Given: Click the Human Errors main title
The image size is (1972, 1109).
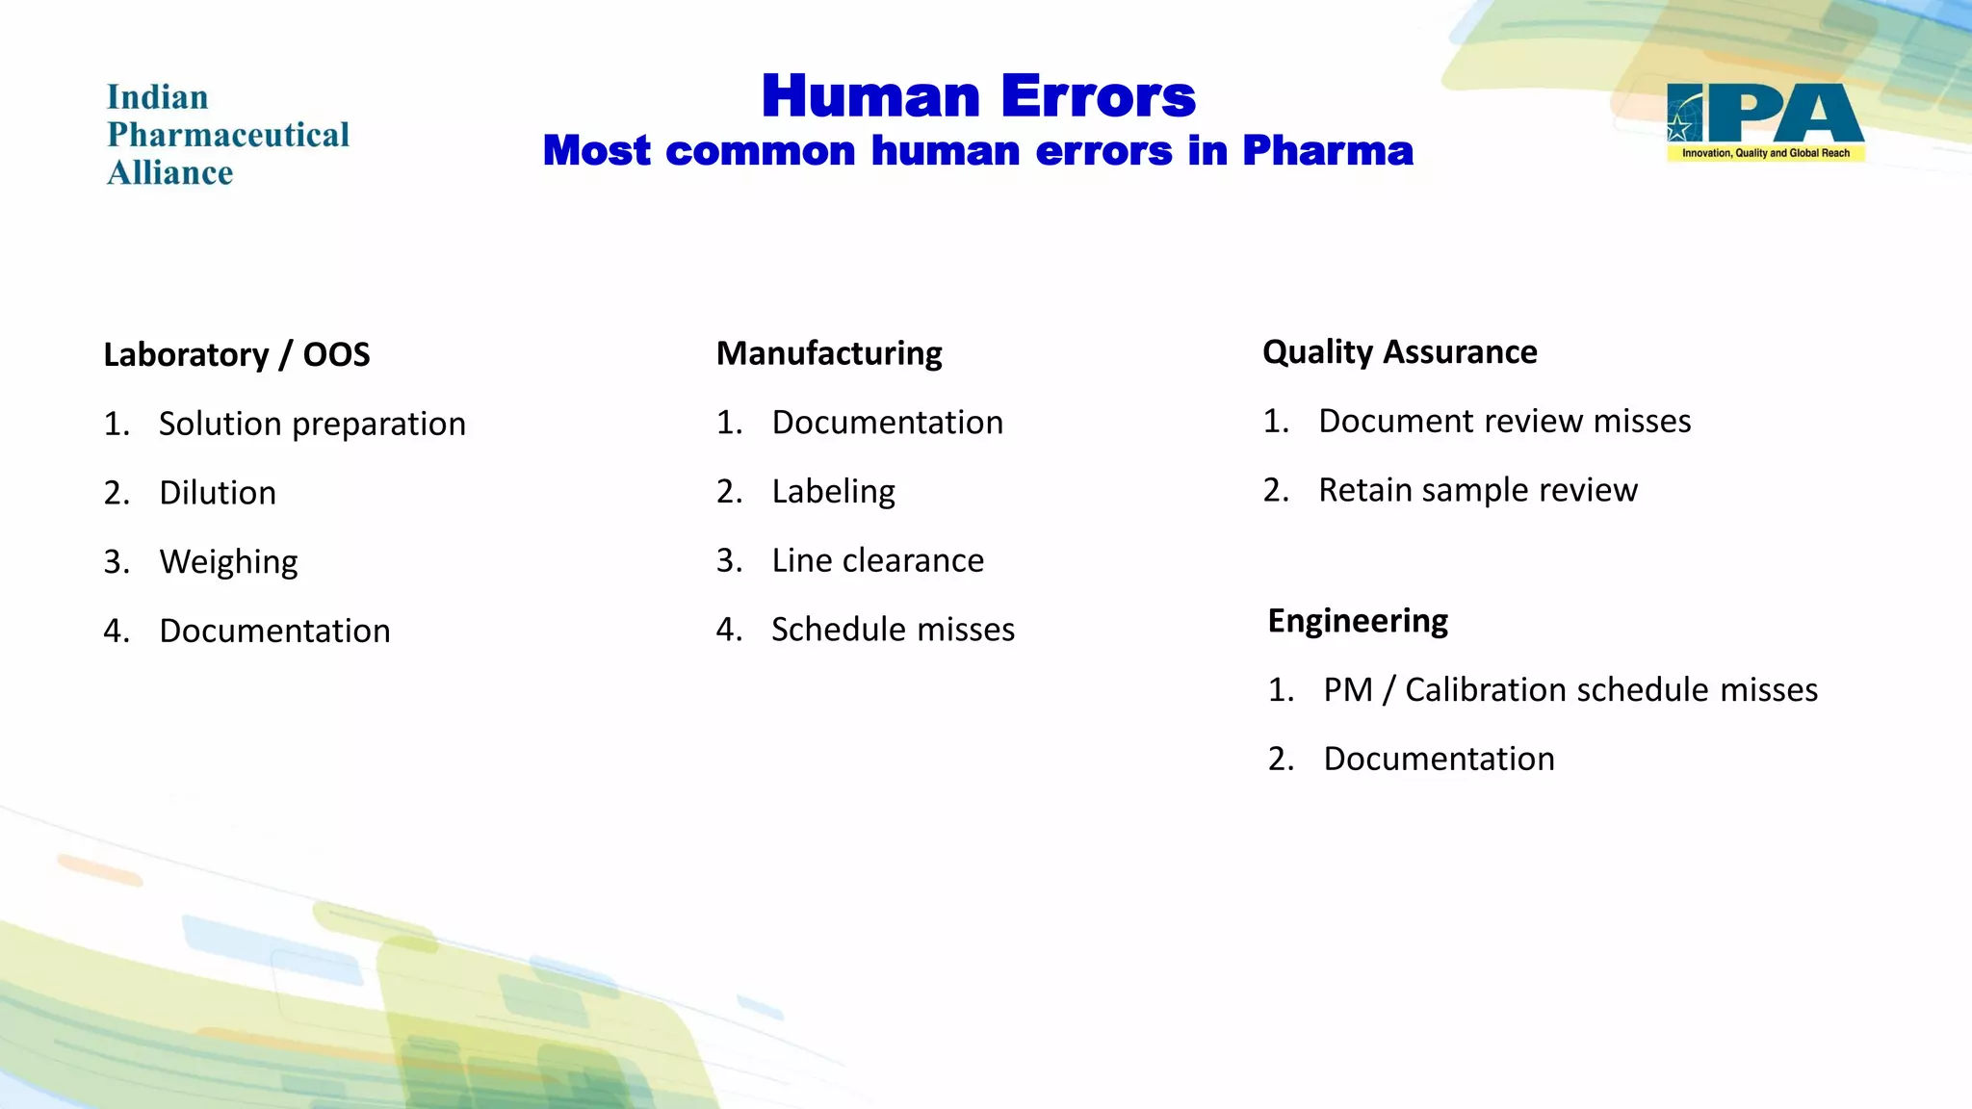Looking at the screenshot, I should click(978, 96).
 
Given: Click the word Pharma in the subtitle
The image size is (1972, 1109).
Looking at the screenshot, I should click(1327, 151).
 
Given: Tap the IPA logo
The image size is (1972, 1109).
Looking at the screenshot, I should click(1765, 121).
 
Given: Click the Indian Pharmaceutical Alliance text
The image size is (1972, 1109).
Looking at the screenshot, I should click(227, 135).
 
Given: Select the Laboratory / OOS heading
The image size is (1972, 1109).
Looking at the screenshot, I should click(237, 354).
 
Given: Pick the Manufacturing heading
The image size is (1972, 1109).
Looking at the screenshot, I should click(829, 353).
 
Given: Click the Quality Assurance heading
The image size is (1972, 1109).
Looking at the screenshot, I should click(1399, 351).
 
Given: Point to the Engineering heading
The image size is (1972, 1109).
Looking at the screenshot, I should click(1358, 621).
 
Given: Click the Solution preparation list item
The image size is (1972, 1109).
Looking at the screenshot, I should click(312, 424).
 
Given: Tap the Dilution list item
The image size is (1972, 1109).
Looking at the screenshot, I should click(218, 493).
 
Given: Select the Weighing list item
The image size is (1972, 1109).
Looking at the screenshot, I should click(228, 561).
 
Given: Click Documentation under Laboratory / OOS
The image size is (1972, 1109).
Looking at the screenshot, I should click(274, 631).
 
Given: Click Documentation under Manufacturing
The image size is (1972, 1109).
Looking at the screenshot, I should click(887, 423).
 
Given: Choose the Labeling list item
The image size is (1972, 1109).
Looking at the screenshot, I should click(833, 492).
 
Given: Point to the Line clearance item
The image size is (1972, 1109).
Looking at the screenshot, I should click(877, 560).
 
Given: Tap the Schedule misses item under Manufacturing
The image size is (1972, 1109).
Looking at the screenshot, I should click(893, 630).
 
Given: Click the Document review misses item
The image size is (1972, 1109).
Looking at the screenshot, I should click(1504, 421).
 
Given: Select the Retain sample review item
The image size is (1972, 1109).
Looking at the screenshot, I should click(1477, 490).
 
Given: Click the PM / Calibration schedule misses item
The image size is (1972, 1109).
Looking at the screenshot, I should click(1570, 689).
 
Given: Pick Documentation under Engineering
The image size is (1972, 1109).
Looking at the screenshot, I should click(1439, 759).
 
